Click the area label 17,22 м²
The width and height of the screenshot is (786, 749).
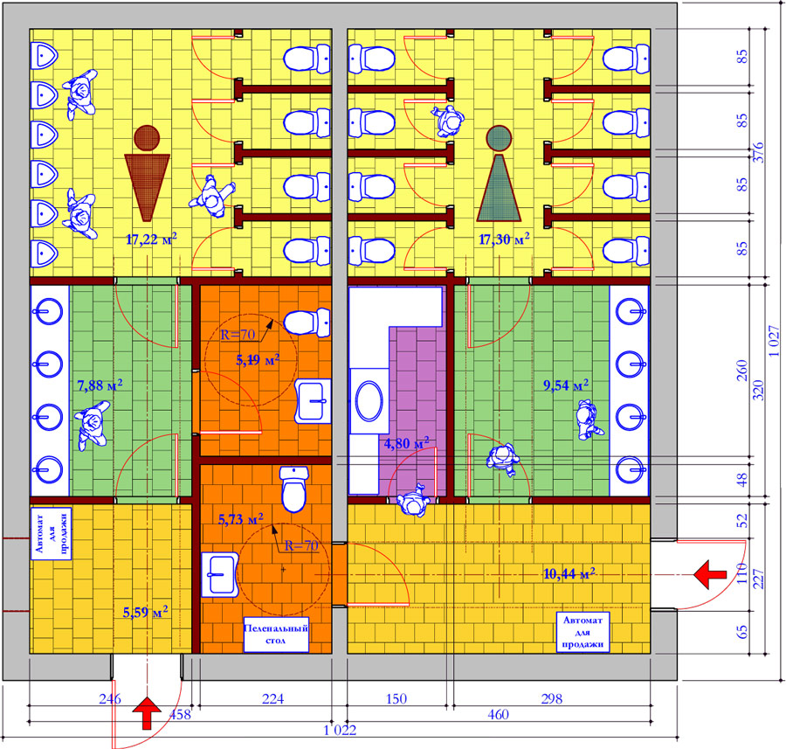tap(151, 239)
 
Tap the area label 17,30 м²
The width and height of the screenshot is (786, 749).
tap(504, 239)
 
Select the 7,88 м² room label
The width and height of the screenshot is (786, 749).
tap(100, 385)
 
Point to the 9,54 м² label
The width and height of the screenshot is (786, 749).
tap(566, 385)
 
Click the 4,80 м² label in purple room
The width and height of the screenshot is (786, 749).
tap(406, 443)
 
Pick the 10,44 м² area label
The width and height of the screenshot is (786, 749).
tap(569, 573)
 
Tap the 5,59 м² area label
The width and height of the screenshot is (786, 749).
tap(145, 612)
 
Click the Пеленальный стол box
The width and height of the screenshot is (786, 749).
tap(276, 635)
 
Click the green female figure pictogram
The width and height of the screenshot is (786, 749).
tap(499, 173)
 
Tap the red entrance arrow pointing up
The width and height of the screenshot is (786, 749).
tap(147, 712)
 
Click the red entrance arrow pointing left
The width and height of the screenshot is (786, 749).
tap(710, 575)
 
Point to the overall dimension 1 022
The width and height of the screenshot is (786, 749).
tap(340, 730)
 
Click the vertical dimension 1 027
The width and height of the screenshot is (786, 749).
tap(774, 341)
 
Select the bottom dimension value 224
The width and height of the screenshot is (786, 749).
tap(272, 698)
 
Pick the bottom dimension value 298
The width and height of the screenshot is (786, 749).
tap(551, 698)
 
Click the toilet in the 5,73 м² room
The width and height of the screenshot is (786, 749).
tap(293, 489)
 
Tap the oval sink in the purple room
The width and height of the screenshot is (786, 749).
tap(369, 400)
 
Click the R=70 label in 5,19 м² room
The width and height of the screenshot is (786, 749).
tap(238, 334)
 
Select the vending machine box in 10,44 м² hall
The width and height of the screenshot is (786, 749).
tap(583, 632)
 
